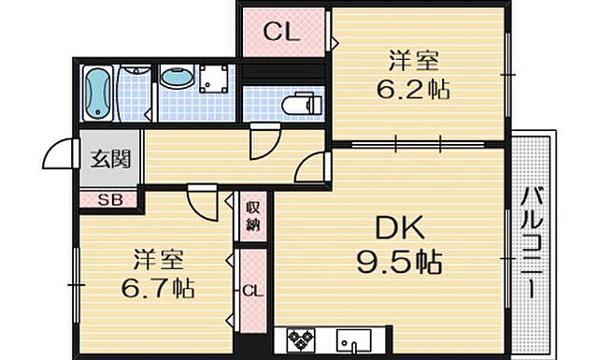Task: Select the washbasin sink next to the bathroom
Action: coord(174,79)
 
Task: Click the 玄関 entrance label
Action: coord(110,159)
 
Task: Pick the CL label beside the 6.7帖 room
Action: coord(251,292)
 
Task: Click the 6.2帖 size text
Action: coord(415,91)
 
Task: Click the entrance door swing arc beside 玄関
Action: coord(60,154)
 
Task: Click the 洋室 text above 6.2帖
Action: coord(415,63)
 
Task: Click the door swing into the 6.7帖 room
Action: coord(201,201)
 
